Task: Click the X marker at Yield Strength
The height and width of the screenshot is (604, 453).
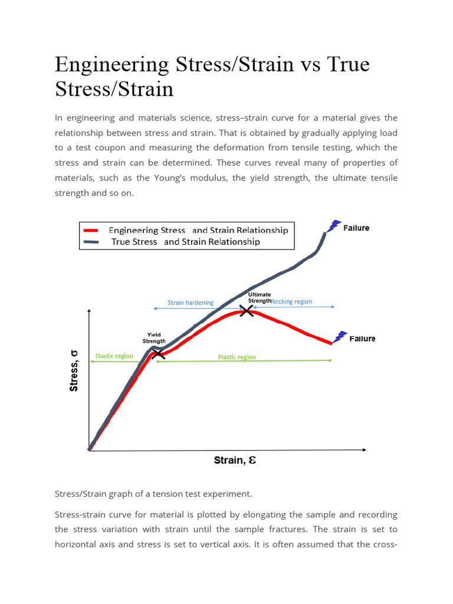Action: point(157,354)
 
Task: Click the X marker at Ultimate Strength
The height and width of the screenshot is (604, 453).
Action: point(247,310)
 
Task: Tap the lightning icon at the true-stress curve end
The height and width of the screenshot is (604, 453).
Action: point(334,226)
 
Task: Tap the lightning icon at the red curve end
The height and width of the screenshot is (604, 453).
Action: point(340,337)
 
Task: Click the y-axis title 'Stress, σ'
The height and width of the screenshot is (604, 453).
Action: point(74,370)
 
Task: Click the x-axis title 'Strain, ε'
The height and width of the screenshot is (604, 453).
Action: point(235,461)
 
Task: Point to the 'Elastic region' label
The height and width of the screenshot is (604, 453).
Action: point(114,356)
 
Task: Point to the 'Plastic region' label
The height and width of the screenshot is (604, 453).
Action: point(237,357)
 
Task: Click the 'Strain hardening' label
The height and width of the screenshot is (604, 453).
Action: point(191,303)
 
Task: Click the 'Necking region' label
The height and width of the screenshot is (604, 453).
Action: point(292,301)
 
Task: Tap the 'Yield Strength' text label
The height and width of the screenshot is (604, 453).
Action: point(154,337)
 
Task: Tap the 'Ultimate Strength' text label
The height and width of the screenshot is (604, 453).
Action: point(260,297)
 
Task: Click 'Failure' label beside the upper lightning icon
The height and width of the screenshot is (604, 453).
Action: point(356,228)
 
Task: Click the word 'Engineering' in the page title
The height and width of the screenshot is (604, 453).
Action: point(119,64)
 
